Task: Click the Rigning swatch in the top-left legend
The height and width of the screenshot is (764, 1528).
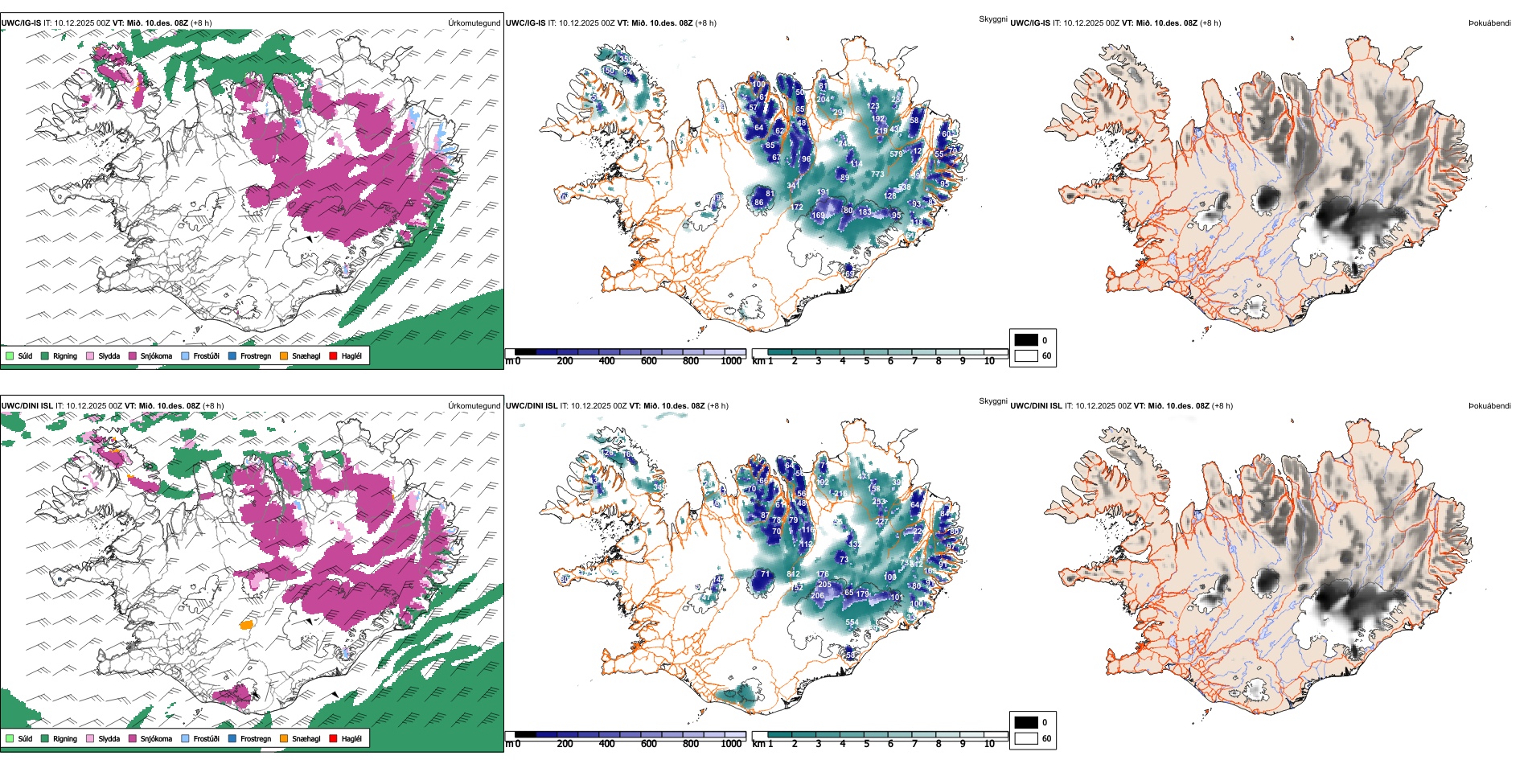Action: pos(45,355)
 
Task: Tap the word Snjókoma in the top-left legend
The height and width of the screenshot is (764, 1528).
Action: pos(156,355)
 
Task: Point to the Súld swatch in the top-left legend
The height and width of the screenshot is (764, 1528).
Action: pos(10,355)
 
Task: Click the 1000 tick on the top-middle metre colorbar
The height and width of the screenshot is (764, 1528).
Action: pos(731,361)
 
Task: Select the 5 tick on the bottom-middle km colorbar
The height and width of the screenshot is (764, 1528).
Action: pos(867,744)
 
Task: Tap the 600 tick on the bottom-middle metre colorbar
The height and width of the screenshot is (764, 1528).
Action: pos(649,744)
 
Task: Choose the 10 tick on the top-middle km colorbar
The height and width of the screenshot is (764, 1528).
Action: pos(989,361)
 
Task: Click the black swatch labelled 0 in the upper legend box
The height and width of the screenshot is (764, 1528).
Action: pos(1026,339)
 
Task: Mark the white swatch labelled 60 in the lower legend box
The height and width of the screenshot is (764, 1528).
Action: pos(1026,738)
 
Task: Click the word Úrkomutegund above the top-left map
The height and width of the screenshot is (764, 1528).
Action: pos(474,23)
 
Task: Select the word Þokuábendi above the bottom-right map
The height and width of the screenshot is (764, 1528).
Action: pos(1489,406)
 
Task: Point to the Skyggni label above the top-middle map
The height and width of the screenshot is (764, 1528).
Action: pos(993,19)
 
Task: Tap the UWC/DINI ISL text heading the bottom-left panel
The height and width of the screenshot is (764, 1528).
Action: pos(27,406)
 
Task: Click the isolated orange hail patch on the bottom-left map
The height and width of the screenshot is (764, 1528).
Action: pos(247,624)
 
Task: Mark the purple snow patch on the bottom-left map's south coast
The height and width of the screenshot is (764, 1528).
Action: pos(232,696)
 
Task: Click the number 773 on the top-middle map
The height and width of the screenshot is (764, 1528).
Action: pos(877,175)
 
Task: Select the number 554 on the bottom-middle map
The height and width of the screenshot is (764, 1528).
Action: pos(852,622)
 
